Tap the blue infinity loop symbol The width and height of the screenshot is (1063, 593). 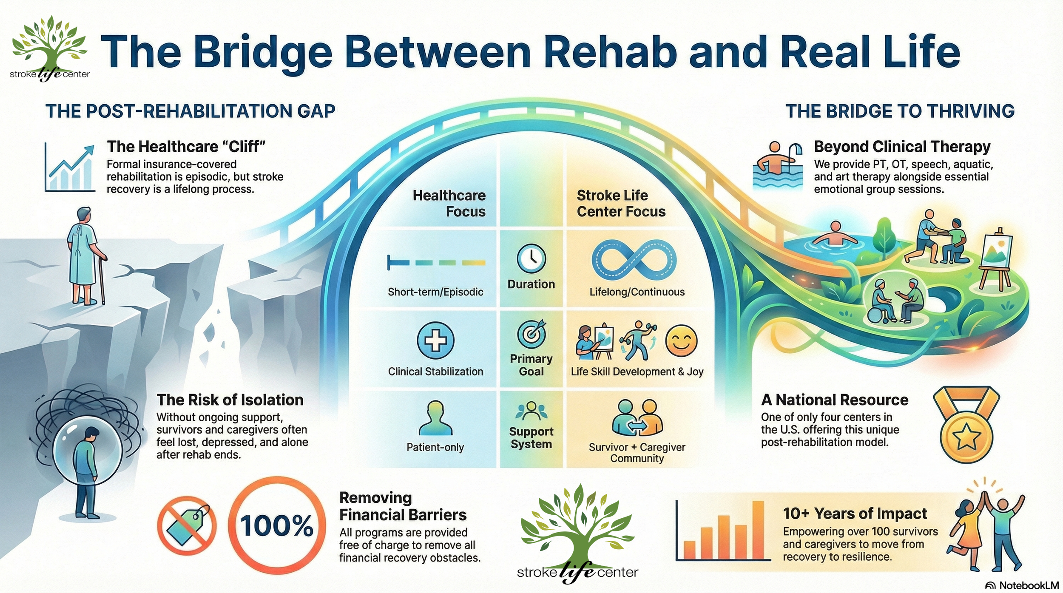[x=634, y=260]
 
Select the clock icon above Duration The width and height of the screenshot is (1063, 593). [x=531, y=258]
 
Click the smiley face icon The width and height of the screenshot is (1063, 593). [x=681, y=341]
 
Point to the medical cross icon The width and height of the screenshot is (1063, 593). [x=435, y=340]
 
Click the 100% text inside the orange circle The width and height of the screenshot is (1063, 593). [x=277, y=525]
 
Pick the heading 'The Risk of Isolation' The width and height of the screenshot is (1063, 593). [x=230, y=400]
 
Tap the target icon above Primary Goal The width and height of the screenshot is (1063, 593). [x=531, y=334]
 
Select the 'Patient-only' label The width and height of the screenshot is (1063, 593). [x=435, y=447]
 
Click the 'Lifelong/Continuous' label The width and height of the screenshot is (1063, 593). [x=637, y=292]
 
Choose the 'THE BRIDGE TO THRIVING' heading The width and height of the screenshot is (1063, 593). [x=900, y=111]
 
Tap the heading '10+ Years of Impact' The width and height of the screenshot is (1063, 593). [x=855, y=514]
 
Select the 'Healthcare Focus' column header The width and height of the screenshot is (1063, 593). [x=449, y=203]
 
